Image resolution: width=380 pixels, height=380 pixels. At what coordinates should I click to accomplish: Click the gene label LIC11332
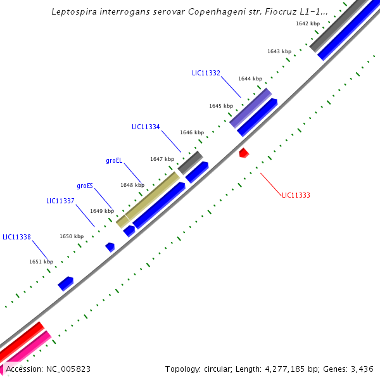pyautogui.click(x=206, y=73)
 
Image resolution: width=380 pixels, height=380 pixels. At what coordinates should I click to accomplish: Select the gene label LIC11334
pyautogui.click(x=146, y=127)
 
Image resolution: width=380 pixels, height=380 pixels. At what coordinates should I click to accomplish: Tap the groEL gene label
pyautogui.click(x=114, y=161)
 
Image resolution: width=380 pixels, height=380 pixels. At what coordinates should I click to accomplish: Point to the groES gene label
pyautogui.click(x=85, y=186)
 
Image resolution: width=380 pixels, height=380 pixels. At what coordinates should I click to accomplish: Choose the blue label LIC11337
pyautogui.click(x=60, y=201)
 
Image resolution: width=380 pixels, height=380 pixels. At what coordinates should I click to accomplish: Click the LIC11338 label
pyautogui.click(x=16, y=237)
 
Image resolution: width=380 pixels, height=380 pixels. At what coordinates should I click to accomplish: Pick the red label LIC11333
pyautogui.click(x=296, y=195)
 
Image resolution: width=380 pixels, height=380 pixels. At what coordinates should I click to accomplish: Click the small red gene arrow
pyautogui.click(x=243, y=153)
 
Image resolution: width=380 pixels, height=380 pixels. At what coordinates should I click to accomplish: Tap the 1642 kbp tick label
pyautogui.click(x=307, y=23)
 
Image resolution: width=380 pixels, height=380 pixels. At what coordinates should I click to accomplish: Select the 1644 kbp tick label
pyautogui.click(x=250, y=79)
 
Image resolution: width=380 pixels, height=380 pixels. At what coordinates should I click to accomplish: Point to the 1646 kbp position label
pyautogui.click(x=192, y=132)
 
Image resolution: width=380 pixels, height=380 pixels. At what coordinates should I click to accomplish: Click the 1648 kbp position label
pyautogui.click(x=132, y=185)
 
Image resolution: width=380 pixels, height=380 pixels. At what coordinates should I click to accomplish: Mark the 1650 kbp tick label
pyautogui.click(x=72, y=236)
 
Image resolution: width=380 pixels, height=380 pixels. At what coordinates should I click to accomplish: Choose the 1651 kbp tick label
pyautogui.click(x=41, y=261)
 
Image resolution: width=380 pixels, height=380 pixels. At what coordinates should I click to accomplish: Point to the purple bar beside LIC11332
pyautogui.click(x=251, y=108)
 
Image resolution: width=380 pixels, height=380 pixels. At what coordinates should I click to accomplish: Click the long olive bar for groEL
pyautogui.click(x=152, y=195)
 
